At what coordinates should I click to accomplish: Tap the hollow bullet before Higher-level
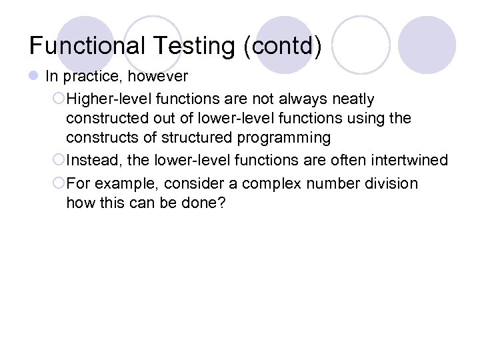pos(58,99)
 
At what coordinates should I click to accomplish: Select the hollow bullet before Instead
pos(58,161)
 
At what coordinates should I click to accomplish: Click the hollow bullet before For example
pos(58,183)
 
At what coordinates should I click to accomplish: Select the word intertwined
pos(410,161)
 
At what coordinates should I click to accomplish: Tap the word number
pos(327,183)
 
